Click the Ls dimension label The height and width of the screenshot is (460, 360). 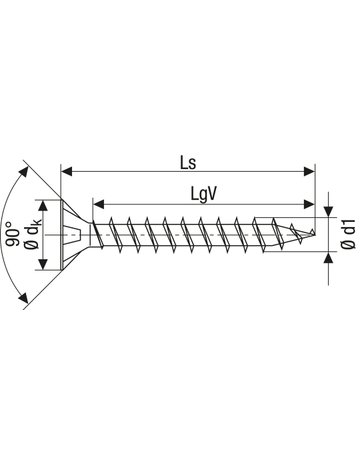click(188, 163)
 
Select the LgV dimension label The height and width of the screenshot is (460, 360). click(204, 194)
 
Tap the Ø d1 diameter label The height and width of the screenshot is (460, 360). click(349, 234)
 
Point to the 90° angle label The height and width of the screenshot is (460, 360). click(14, 234)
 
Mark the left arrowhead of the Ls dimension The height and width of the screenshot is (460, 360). click(67, 171)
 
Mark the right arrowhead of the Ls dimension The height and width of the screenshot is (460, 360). click(309, 171)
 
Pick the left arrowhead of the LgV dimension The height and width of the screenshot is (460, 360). click(99, 204)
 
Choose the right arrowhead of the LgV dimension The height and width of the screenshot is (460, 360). click(309, 204)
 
